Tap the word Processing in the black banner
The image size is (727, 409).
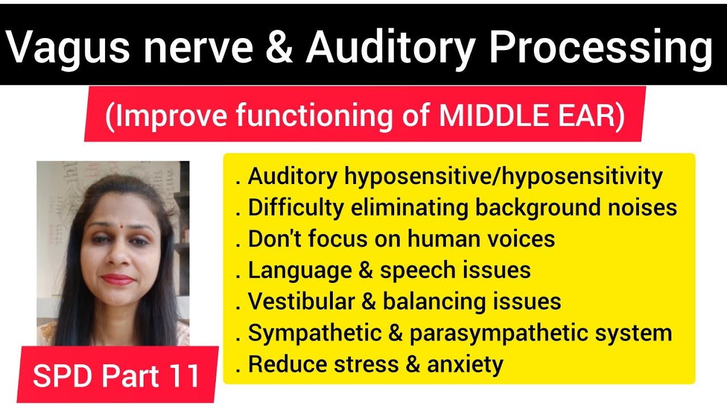coord(600,48)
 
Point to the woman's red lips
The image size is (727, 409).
coord(118,279)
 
